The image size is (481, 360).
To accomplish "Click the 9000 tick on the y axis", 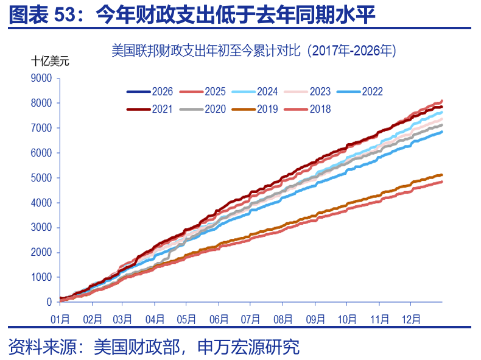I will (42, 78).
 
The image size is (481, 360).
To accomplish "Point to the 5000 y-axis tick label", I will (42, 178).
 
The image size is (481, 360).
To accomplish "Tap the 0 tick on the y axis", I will (50, 302).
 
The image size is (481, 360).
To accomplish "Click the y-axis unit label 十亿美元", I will (51, 61).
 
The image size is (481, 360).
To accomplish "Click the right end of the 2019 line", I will (441, 175).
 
